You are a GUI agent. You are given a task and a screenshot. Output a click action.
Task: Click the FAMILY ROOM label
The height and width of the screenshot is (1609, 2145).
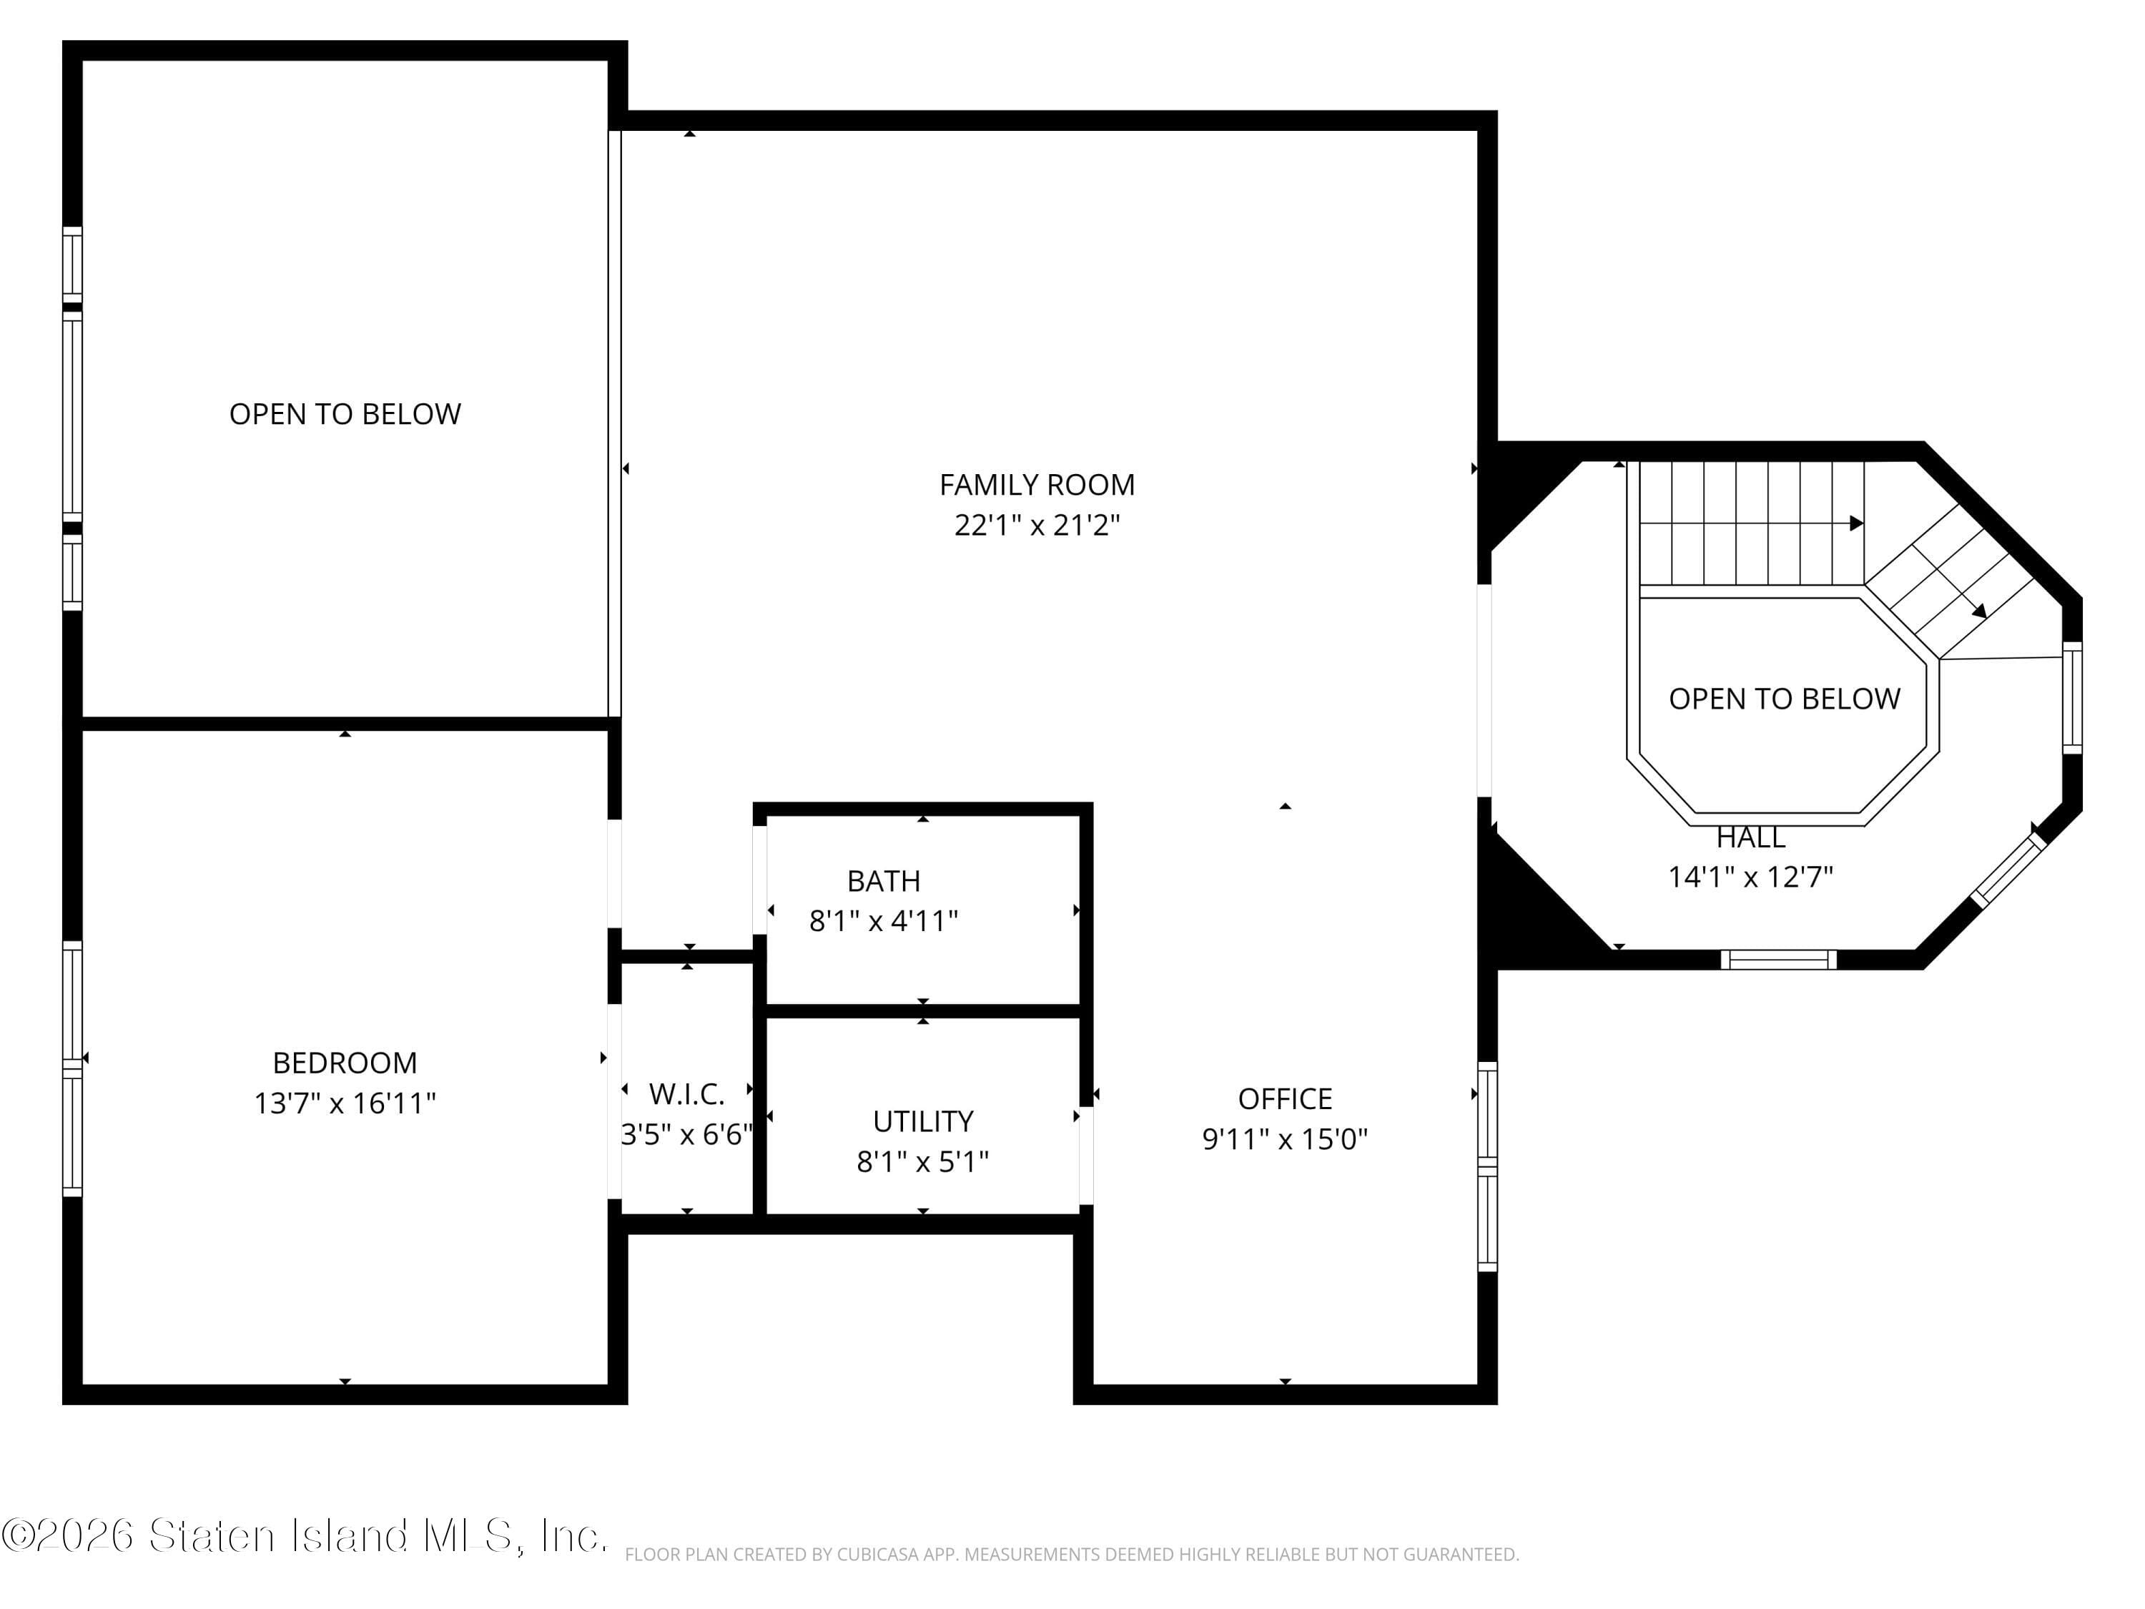coord(1037,485)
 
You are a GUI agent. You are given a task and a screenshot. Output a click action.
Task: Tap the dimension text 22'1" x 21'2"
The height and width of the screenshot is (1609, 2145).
coord(1037,526)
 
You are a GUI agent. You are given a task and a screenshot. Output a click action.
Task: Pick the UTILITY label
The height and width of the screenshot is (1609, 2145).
coord(922,1121)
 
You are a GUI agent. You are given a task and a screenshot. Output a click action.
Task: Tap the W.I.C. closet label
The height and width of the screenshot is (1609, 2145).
coord(686,1094)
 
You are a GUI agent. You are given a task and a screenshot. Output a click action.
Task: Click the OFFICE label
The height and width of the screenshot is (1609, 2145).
coord(1285,1099)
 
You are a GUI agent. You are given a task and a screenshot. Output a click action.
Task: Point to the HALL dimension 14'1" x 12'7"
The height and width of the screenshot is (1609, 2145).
coord(1750,877)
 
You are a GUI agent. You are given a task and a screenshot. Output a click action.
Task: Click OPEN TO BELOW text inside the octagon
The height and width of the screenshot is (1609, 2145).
coord(1784,699)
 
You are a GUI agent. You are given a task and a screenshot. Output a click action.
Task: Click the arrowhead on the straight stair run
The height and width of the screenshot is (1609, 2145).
coord(1856,523)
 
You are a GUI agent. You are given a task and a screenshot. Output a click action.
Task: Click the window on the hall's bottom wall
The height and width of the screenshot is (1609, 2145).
coord(1778,960)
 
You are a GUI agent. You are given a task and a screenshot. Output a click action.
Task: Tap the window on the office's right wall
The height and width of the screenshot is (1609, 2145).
coord(1487,1166)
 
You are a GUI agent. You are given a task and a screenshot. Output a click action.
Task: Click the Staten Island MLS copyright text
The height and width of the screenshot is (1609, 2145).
coord(305,1535)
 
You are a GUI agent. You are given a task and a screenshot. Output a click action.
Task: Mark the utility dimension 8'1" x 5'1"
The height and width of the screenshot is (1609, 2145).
coord(922,1162)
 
